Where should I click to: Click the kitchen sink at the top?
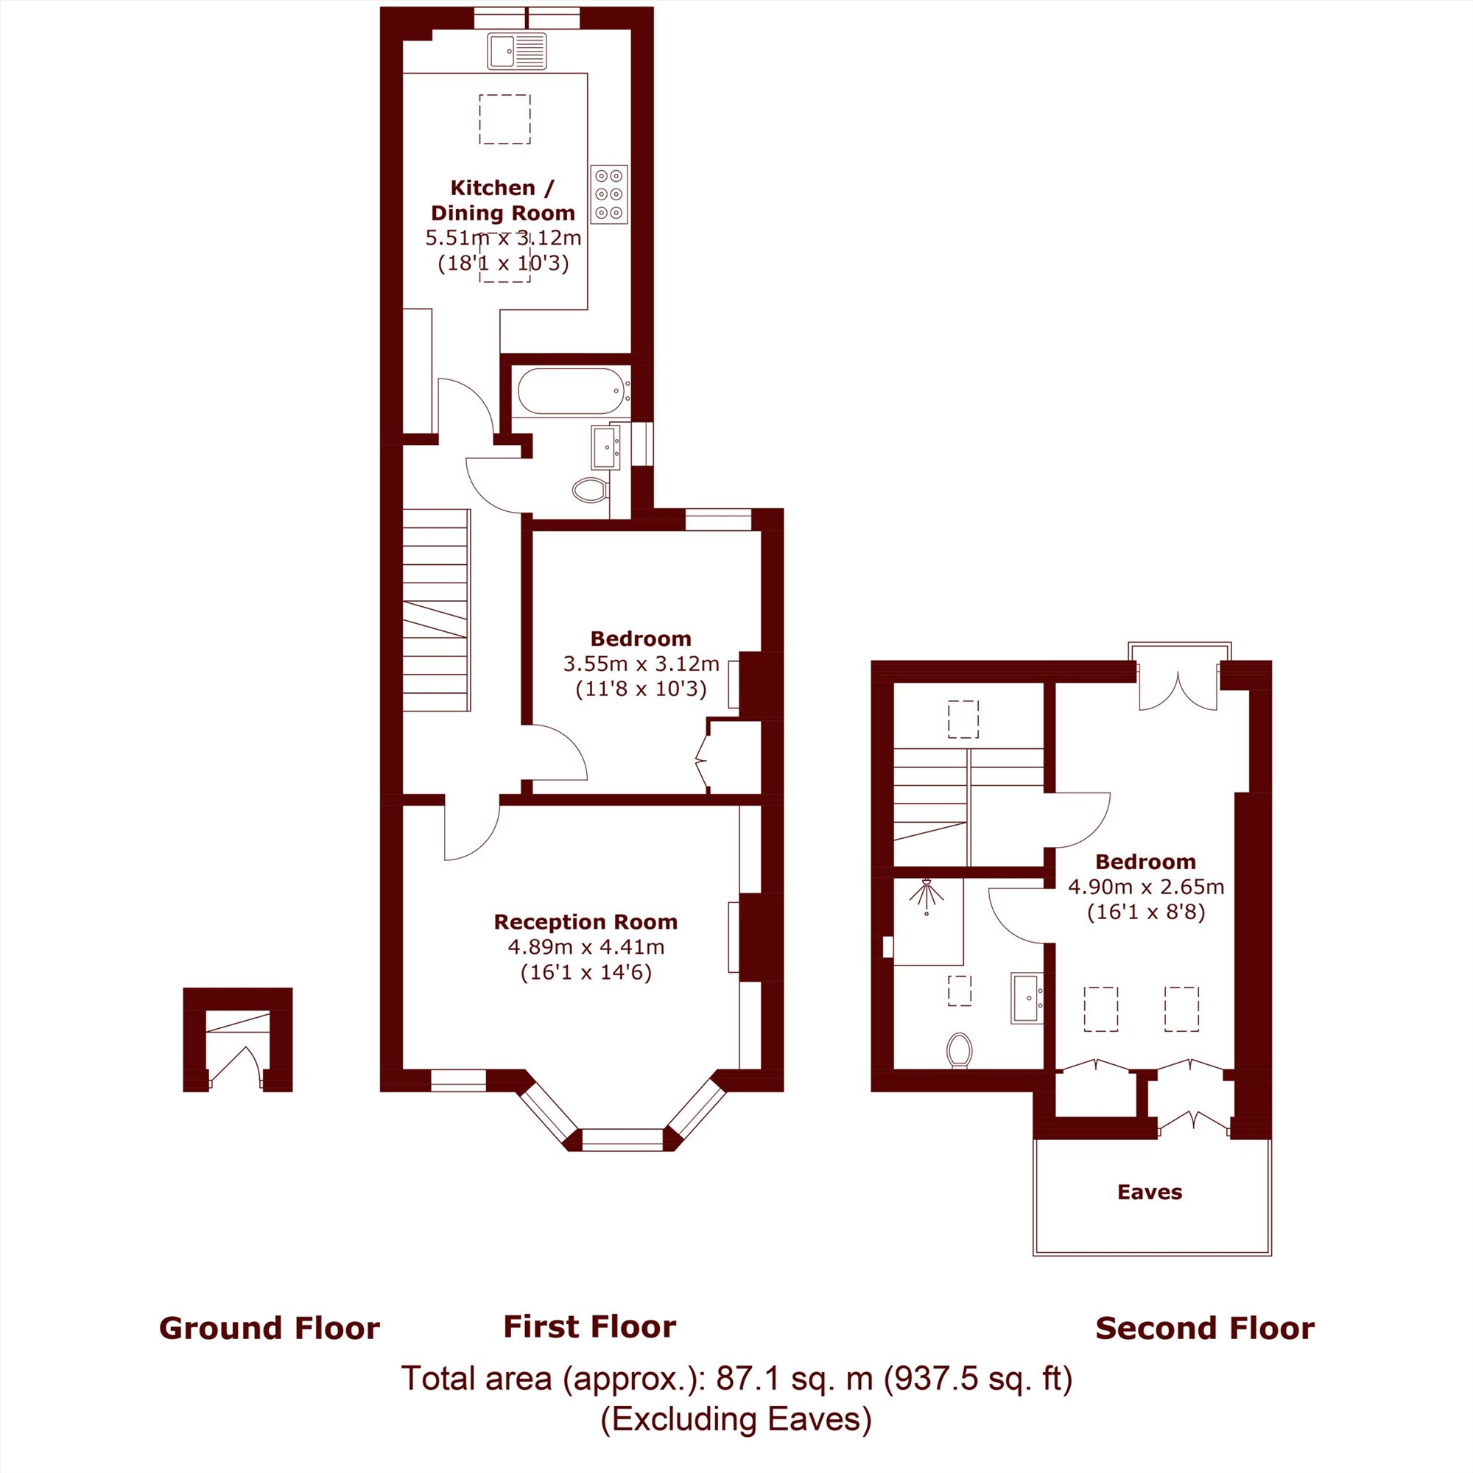coord(517,52)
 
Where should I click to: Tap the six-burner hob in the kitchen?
coord(608,194)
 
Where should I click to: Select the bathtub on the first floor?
coord(572,392)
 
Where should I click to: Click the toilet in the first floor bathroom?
coord(589,490)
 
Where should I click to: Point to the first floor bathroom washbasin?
coord(605,447)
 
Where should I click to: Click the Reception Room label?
coord(586,922)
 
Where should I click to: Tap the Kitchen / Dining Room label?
coord(502,200)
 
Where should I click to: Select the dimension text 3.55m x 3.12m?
coord(641,664)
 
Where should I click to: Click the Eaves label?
coord(1150,1192)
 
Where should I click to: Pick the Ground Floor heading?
coord(269,1328)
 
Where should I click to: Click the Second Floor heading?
coord(1205,1328)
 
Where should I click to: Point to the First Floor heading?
coord(589,1326)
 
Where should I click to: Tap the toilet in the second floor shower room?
coord(959,1051)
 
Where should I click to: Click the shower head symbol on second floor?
coord(927,895)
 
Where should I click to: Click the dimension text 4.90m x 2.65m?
coord(1146,887)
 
